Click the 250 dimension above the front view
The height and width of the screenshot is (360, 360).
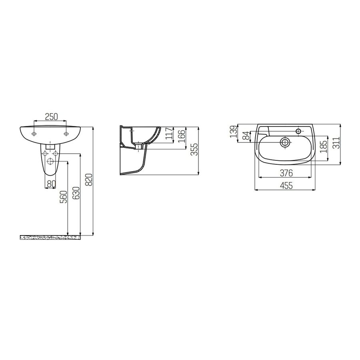click(51, 116)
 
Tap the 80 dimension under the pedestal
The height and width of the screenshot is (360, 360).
click(51, 184)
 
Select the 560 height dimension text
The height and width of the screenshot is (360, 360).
click(63, 198)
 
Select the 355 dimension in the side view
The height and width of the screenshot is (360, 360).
click(194, 150)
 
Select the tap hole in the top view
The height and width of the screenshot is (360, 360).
click(298, 130)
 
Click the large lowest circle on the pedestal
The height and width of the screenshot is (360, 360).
click(51, 161)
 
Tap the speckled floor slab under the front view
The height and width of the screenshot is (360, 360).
click(50, 237)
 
